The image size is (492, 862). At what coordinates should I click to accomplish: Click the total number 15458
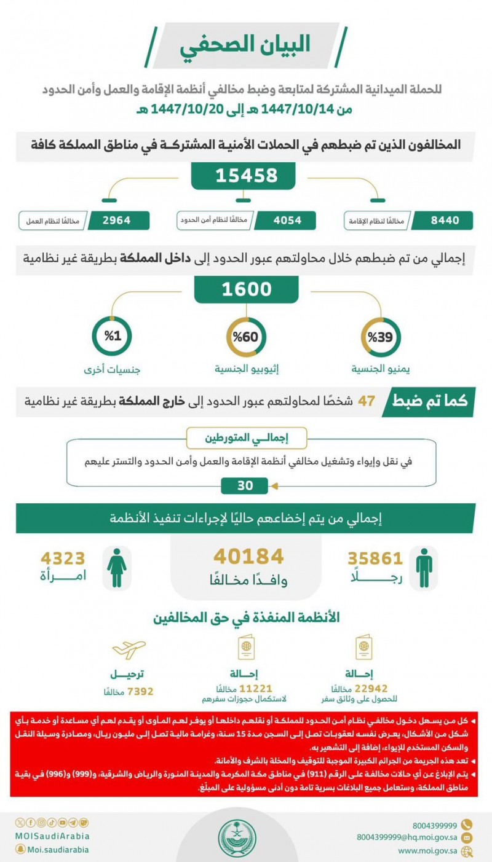pos(246,176)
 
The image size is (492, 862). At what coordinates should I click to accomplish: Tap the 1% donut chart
pos(110,337)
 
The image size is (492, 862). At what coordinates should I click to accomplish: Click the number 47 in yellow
pos(367,401)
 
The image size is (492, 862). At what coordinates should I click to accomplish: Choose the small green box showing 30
pos(245,485)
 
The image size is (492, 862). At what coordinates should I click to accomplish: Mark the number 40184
pos(248,557)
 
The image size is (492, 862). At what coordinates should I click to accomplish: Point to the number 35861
pos(375,558)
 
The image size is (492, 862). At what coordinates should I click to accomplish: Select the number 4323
pos(62,558)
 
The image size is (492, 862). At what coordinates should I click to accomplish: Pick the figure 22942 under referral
pos(367,688)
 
